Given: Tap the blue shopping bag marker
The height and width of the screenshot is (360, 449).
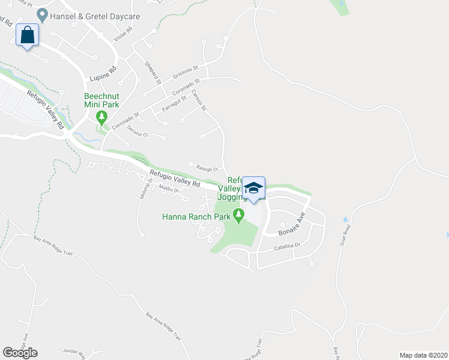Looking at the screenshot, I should [28, 35].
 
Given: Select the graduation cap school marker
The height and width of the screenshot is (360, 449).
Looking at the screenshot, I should [253, 188].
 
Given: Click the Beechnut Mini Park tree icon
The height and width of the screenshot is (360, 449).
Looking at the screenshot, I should [102, 115].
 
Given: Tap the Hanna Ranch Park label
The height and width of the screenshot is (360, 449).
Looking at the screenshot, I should [197, 217].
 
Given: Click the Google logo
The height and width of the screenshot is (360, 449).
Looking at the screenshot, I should [20, 352].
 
